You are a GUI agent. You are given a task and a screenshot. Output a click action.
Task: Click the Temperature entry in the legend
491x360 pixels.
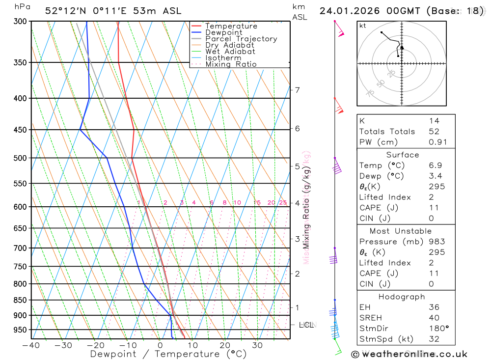coord(231,26)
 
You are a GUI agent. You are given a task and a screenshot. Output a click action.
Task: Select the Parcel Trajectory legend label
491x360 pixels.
coord(241,39)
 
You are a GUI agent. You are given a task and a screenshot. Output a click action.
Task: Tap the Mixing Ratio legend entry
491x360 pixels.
coord(231,64)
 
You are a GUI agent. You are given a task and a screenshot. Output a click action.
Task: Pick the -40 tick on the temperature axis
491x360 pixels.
coord(31,345)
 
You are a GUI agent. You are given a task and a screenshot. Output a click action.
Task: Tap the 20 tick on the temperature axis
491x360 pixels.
coord(225,345)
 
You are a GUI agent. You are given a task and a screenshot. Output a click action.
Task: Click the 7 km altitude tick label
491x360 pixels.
coord(297,90)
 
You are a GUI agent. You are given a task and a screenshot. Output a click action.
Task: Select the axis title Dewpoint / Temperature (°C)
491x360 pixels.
coord(168,354)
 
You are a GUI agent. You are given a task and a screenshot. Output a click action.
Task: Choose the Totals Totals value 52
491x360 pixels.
coord(434,132)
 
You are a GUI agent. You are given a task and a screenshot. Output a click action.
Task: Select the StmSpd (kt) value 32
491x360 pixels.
coord(434,339)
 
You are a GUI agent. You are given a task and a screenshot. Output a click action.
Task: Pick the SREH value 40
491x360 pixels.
coord(434,318)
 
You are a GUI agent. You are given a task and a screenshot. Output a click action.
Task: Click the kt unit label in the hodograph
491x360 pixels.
coord(363,26)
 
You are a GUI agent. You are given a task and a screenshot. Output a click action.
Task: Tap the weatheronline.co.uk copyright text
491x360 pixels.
coord(409,354)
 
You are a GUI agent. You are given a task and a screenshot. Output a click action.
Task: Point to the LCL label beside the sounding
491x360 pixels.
coord(306,325)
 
